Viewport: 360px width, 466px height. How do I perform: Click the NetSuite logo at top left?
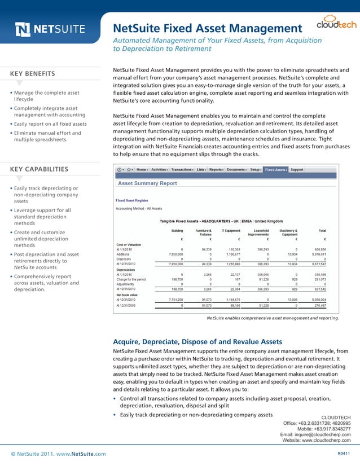pos(50,29)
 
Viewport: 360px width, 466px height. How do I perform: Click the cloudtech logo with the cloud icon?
pos(327,25)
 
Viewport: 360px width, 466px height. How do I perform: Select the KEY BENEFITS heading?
pos(33,73)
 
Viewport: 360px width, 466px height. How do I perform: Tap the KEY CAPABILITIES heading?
pos(39,169)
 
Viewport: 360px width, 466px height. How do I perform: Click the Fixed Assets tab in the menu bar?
pos(276,169)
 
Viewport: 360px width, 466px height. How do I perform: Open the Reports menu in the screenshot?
pos(217,169)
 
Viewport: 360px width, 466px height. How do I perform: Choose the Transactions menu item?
pos(182,169)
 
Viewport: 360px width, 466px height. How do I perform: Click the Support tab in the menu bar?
pos(297,169)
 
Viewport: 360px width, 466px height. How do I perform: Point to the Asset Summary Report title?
pos(147,183)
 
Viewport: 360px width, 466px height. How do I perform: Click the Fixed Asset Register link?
pos(132,200)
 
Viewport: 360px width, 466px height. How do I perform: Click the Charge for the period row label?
pos(131,279)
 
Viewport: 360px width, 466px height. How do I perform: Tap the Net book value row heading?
pos(128,294)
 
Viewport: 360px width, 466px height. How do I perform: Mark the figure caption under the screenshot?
pos(273,318)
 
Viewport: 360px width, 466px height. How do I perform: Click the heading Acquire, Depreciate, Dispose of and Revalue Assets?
pos(197,341)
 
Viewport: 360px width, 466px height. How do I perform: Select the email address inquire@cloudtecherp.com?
pos(315,435)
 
